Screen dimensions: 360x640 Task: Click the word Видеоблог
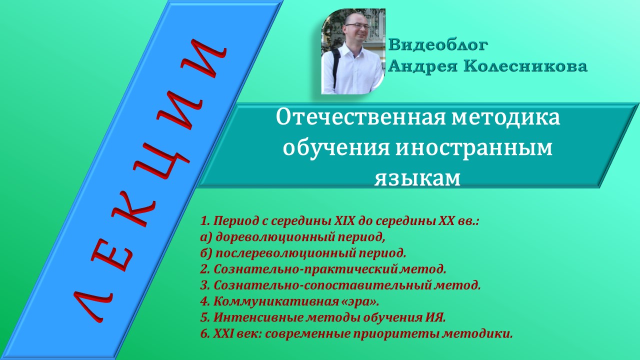tap(438, 45)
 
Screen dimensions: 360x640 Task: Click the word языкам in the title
tap(417, 177)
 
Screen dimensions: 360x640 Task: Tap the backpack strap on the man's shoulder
tap(335, 60)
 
